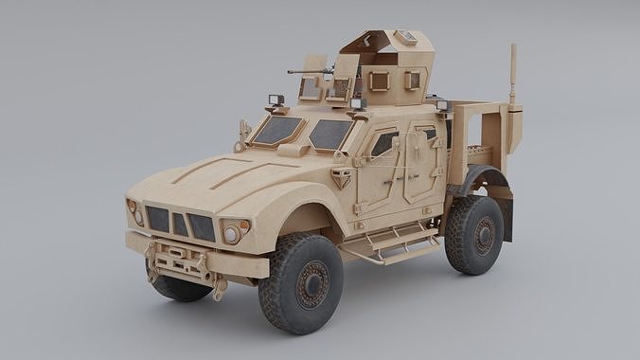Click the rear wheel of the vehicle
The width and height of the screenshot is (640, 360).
click(x=475, y=235)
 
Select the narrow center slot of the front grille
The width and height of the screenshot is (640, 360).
click(x=179, y=225)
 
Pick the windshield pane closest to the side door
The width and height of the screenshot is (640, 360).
click(x=330, y=135)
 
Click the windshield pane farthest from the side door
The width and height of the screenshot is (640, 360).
click(x=277, y=130)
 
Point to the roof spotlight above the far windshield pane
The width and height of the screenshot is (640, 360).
click(x=276, y=100)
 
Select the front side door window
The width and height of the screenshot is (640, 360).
click(x=383, y=144)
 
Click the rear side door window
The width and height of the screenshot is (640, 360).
click(x=428, y=135)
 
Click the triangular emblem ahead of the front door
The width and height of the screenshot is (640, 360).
click(x=340, y=177)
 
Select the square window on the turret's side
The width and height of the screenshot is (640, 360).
click(x=379, y=81)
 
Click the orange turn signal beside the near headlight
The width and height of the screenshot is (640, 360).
click(x=245, y=226)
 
